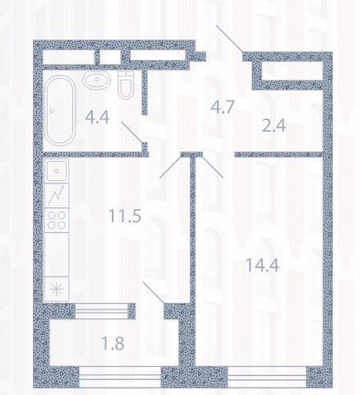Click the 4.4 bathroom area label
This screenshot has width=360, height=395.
click(x=97, y=117)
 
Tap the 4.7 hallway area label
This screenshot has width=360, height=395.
click(x=223, y=107)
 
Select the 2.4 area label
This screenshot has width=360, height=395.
click(x=274, y=126)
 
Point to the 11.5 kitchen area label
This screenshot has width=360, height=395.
click(x=125, y=216)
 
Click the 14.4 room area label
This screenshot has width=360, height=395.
click(x=262, y=265)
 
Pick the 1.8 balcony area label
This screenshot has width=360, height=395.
click(x=113, y=343)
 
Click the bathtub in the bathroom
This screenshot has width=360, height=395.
click(x=60, y=110)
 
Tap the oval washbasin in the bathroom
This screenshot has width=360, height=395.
click(x=97, y=80)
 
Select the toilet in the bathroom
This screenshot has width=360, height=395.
click(x=126, y=85)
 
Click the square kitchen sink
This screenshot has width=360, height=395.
click(x=57, y=171)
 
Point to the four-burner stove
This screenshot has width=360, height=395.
click(x=57, y=221)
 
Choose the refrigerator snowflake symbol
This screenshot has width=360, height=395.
click(x=57, y=290)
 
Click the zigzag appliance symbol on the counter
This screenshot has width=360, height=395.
click(x=57, y=195)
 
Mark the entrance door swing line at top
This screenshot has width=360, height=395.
click(x=229, y=39)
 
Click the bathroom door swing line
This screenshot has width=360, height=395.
click(x=132, y=132)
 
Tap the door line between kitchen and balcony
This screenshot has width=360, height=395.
click(x=154, y=293)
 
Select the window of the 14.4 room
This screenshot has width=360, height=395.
click(x=267, y=377)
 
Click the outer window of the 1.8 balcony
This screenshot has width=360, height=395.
click(x=120, y=377)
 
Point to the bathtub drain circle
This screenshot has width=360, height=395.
click(x=52, y=111)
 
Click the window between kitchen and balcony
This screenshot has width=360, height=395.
click(x=102, y=311)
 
